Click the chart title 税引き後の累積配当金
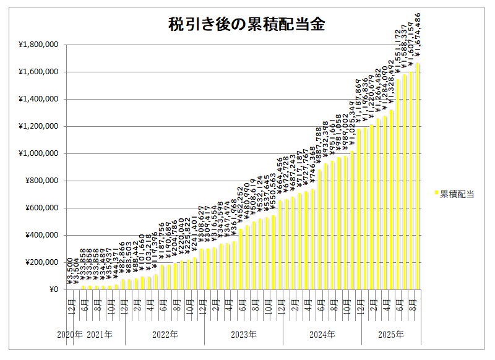click(x=247, y=24)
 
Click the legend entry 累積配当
click(x=457, y=194)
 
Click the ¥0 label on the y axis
click(x=54, y=289)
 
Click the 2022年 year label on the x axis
click(x=165, y=335)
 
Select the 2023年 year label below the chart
click(x=244, y=335)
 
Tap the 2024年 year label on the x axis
click(x=322, y=335)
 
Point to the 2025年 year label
click(x=391, y=335)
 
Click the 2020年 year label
click(x=69, y=335)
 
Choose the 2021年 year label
click(x=100, y=335)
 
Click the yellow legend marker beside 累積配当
click(x=436, y=194)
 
